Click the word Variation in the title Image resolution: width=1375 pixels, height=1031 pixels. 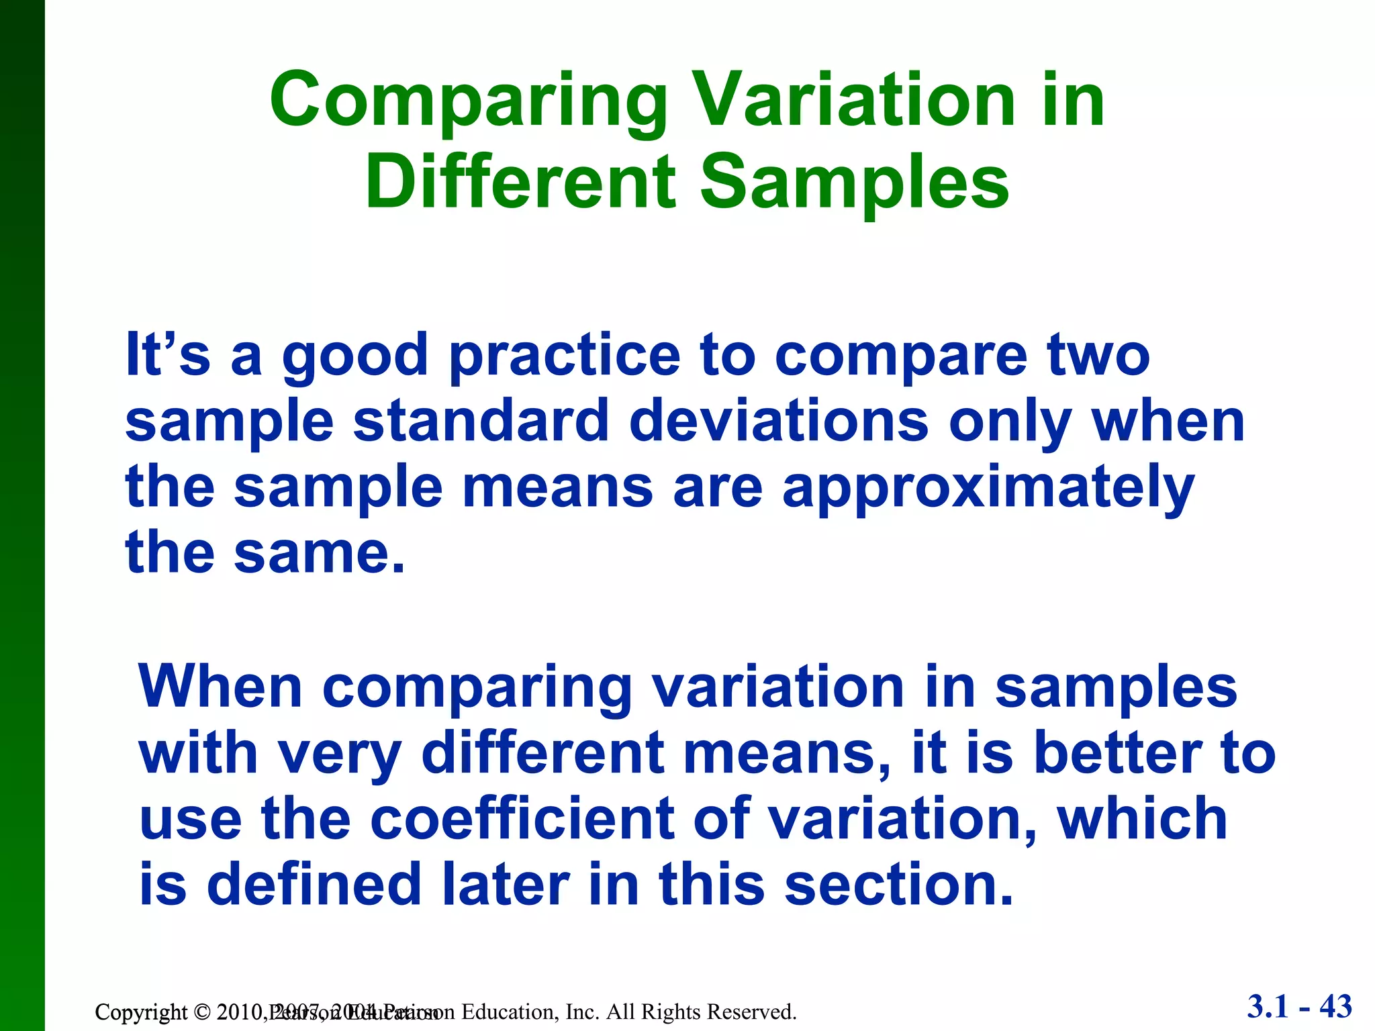coord(853,101)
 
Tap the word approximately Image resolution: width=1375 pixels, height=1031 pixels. coord(988,488)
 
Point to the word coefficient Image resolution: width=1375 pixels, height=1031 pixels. coord(522,819)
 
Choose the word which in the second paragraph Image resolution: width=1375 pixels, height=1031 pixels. coord(1142,819)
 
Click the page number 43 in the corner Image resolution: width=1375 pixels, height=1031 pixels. coord(1335,1007)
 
